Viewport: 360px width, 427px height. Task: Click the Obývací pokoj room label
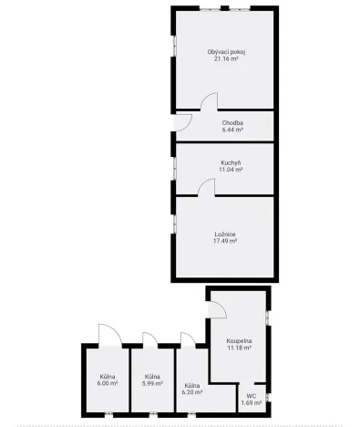pos(226,52)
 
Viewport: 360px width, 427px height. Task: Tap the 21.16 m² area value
pos(226,59)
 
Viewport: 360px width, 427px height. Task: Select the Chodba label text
pos(232,123)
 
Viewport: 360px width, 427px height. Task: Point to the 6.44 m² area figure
pos(232,130)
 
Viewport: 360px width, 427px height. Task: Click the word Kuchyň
pos(230,162)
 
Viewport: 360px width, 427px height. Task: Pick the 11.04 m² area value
pos(230,170)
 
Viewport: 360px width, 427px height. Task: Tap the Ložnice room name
pos(225,234)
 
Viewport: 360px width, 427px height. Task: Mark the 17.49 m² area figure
pos(225,241)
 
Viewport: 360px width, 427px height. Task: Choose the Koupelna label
pos(239,340)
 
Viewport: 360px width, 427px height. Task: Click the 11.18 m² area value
pos(239,348)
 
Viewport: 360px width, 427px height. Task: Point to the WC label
pos(251,395)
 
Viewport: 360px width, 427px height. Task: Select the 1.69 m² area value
pos(251,402)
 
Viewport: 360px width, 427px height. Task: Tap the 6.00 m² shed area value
pos(107,384)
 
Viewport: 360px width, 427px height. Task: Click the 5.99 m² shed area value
pos(151,384)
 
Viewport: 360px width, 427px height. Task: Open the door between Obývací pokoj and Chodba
pos(209,102)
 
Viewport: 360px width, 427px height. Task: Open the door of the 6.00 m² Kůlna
pos(105,336)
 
